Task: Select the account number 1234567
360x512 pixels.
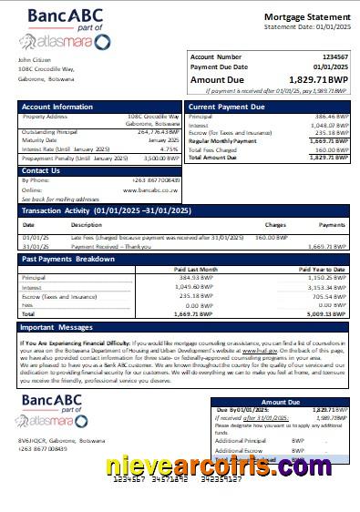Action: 333,56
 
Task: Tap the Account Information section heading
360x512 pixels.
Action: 57,107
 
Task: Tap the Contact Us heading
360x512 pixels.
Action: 41,170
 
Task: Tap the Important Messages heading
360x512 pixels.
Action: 57,326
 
